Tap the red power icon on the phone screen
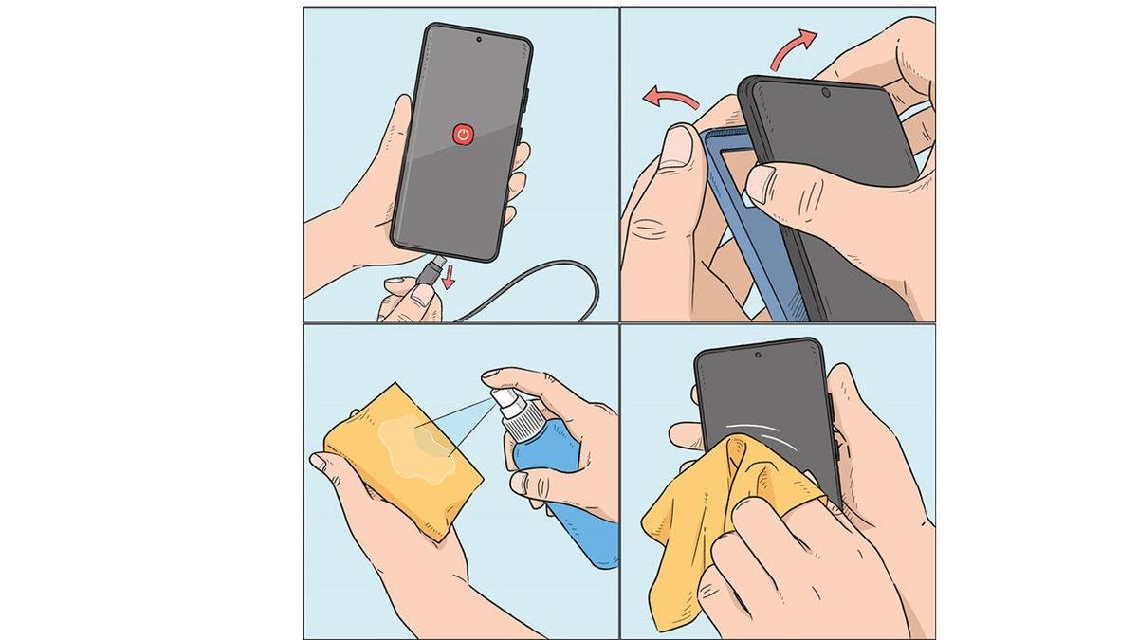[462, 135]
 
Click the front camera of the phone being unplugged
[478, 41]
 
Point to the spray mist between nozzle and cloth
[455, 422]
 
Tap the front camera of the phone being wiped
[758, 356]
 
